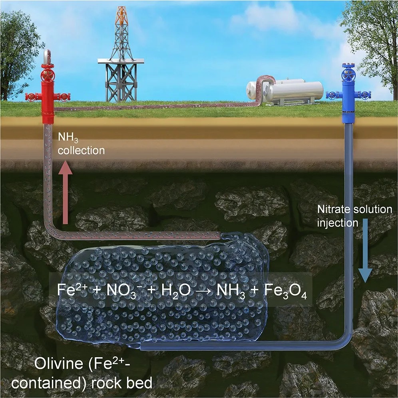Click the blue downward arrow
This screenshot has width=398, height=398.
pos(364,256)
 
